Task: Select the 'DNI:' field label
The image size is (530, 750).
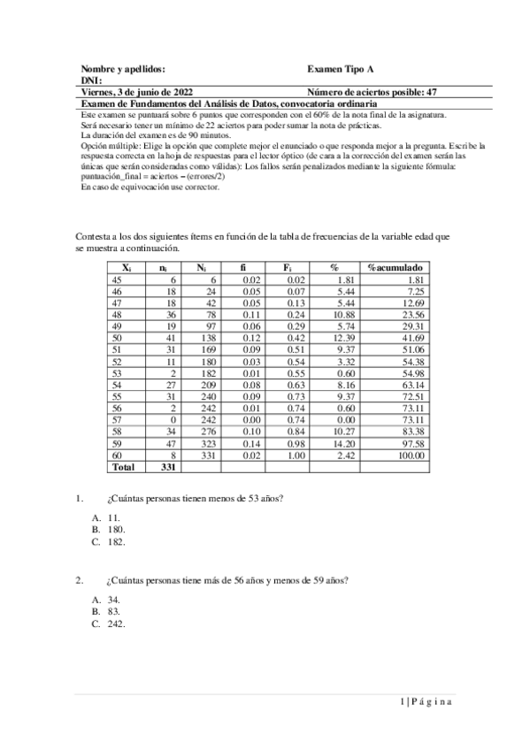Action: click(x=91, y=80)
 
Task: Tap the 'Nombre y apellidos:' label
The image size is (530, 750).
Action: click(x=123, y=68)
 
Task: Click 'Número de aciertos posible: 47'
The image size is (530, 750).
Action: click(x=371, y=91)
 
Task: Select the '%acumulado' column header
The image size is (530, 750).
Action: click(x=395, y=266)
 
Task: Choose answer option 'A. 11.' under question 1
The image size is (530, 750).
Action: click(x=106, y=517)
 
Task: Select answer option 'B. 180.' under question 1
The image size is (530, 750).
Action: click(x=109, y=529)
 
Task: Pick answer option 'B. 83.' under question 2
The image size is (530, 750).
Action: click(x=106, y=611)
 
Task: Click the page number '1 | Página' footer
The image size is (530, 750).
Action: click(x=426, y=701)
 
